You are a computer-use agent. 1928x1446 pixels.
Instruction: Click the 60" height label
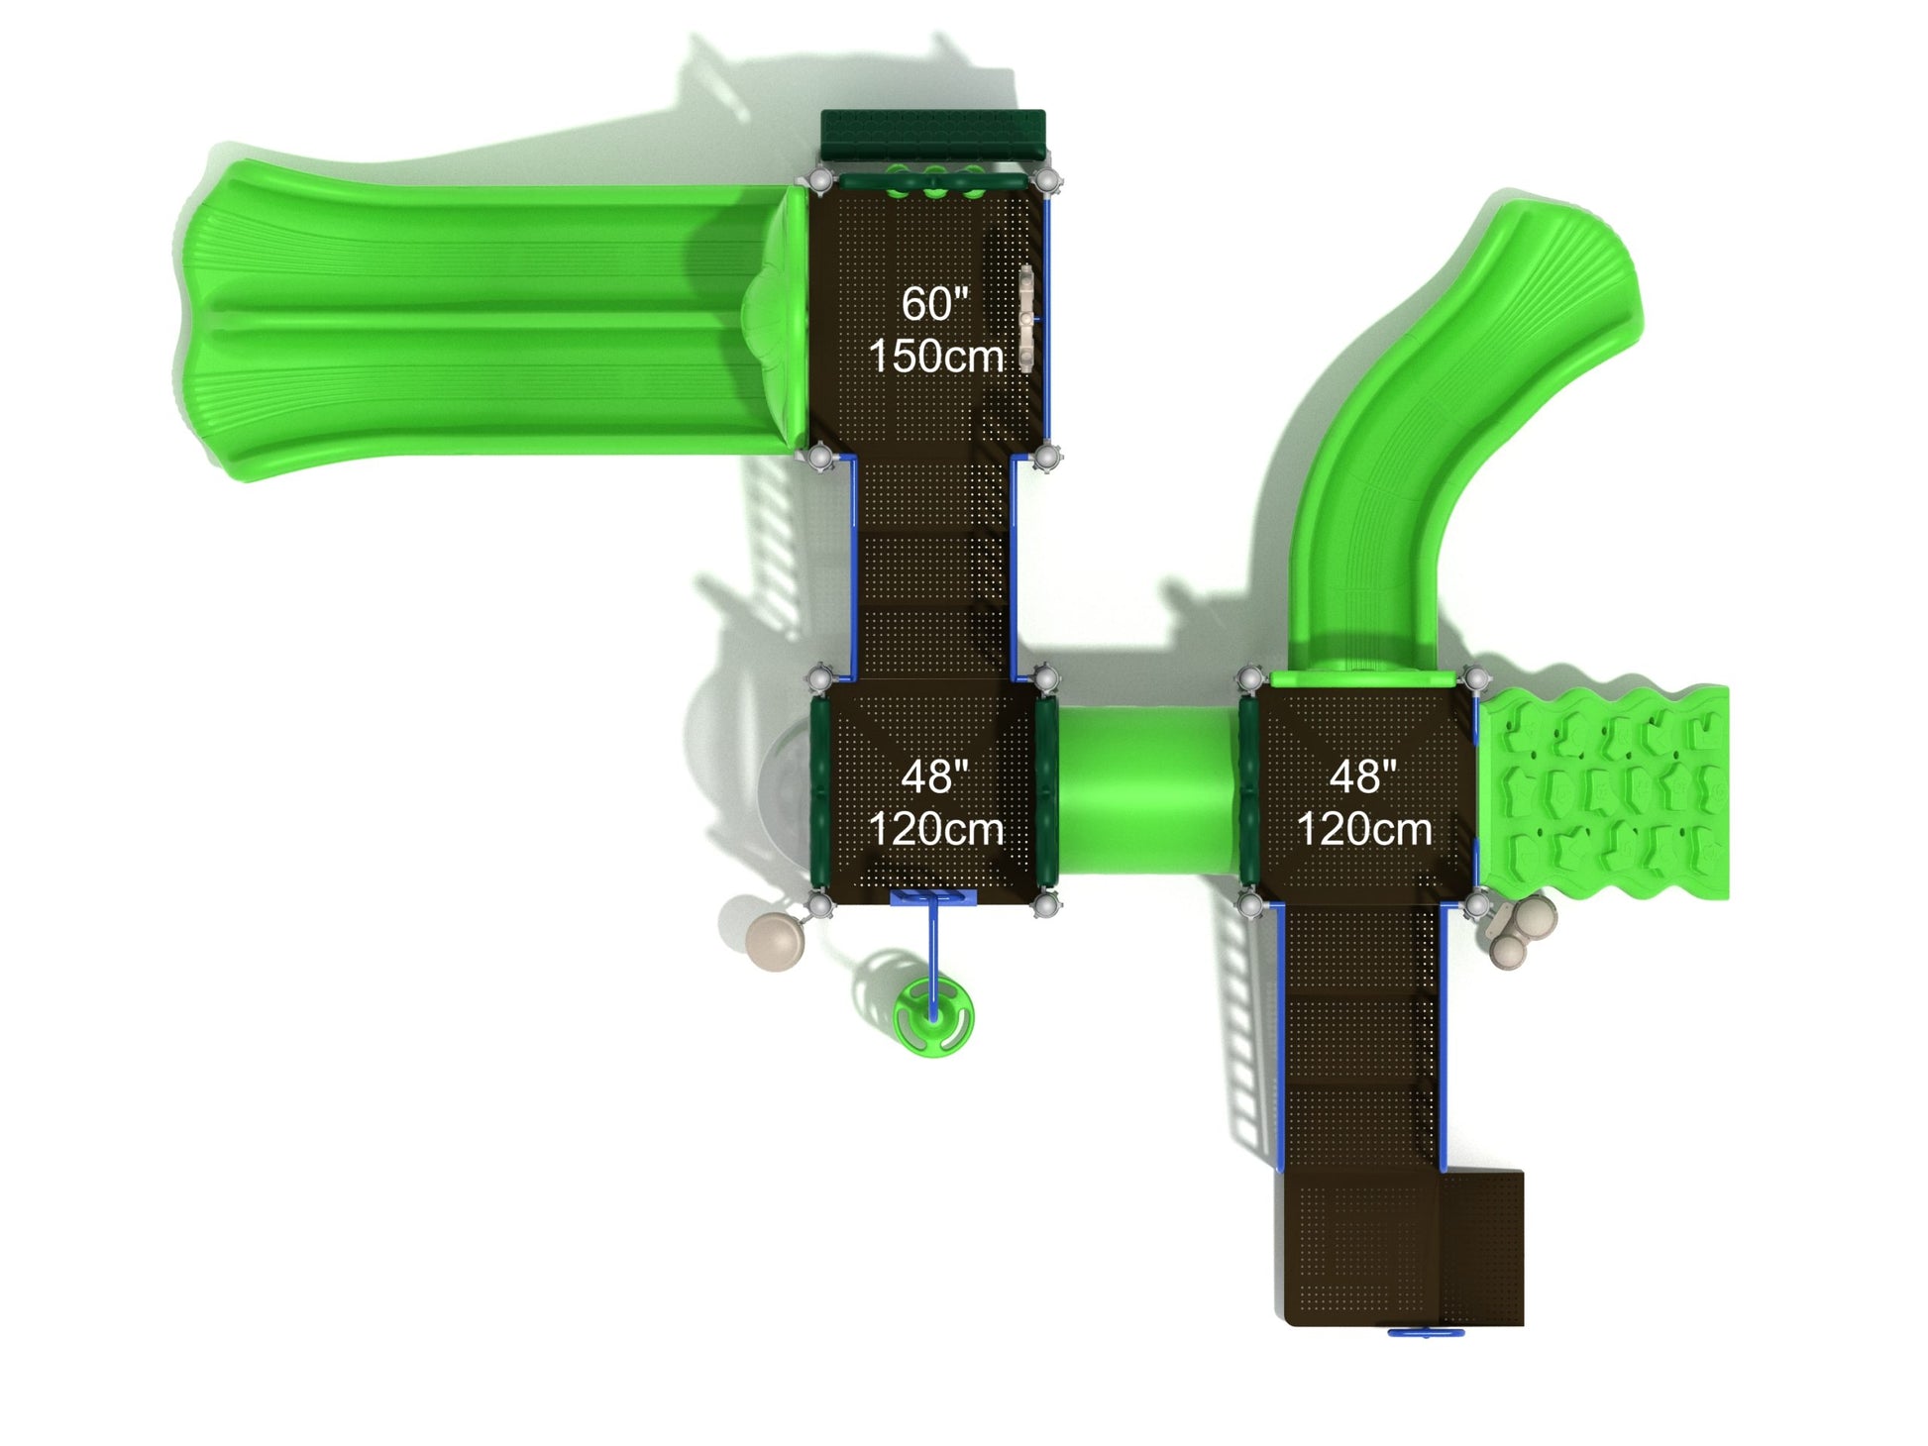(934, 303)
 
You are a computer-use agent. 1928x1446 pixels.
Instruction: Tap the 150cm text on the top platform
(936, 357)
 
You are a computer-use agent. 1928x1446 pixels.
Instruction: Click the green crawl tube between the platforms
(1146, 790)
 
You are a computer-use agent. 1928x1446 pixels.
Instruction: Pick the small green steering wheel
(932, 1016)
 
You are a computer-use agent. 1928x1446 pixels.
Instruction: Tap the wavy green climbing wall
(1602, 791)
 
